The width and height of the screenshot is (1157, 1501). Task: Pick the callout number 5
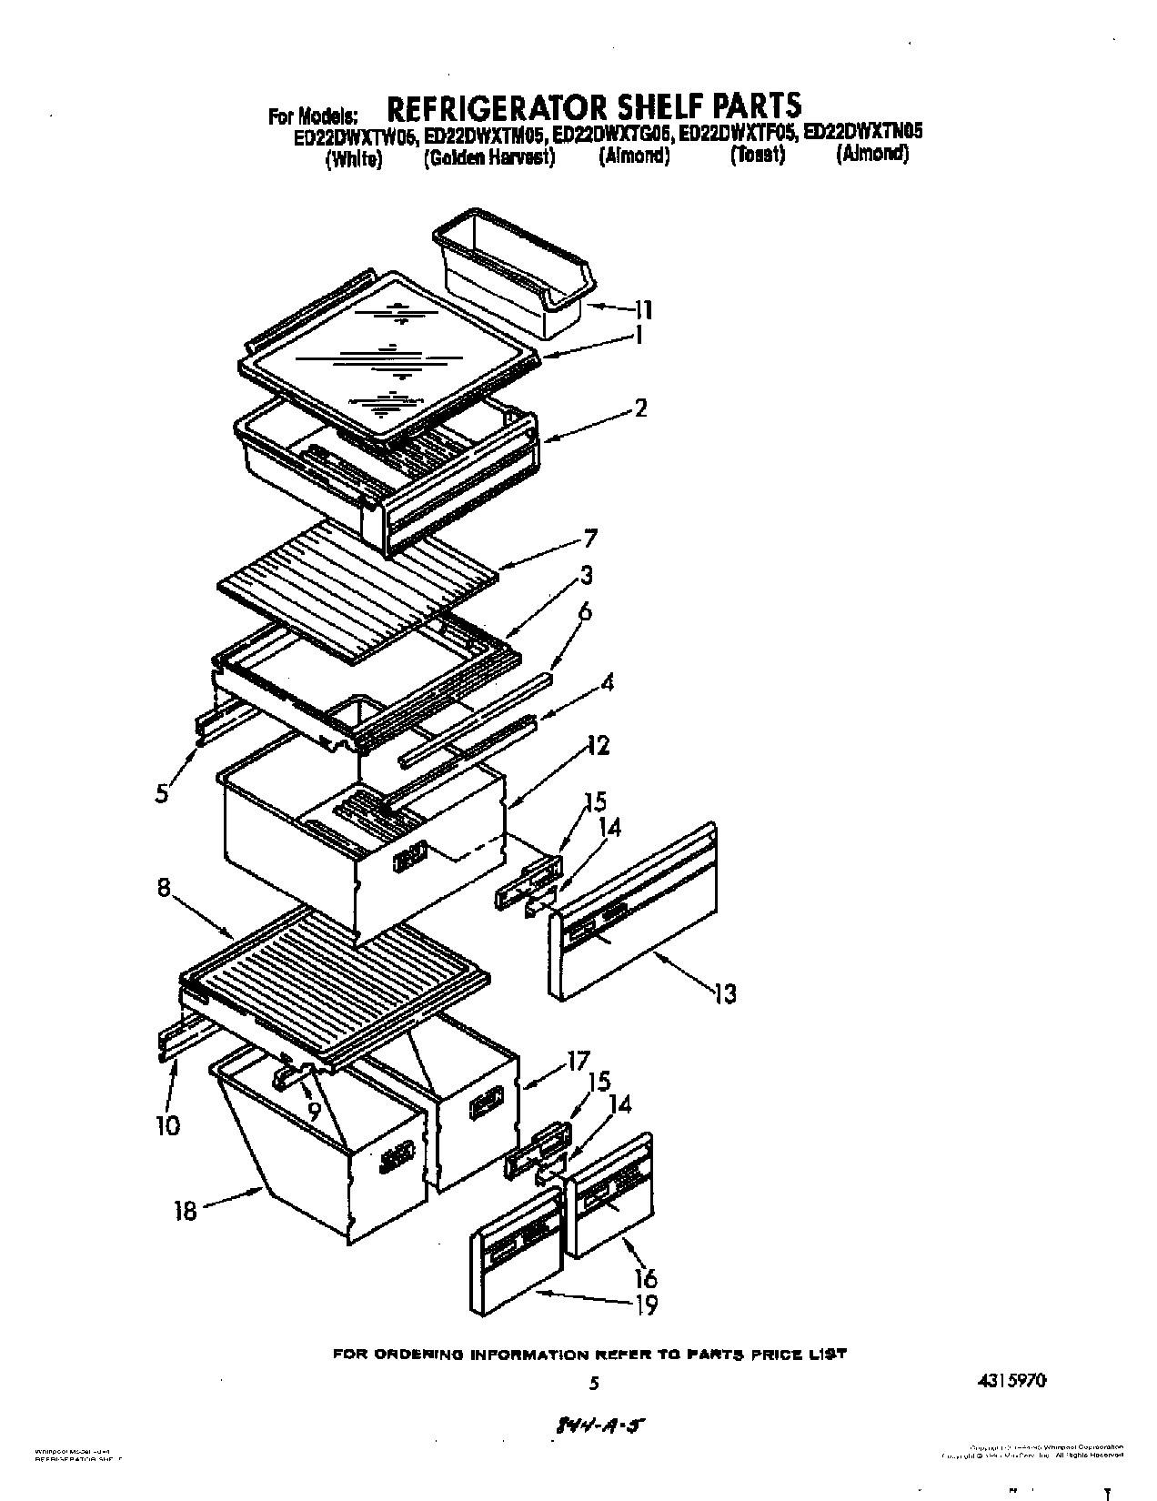(x=162, y=793)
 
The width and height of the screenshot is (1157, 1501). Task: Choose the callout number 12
(x=598, y=746)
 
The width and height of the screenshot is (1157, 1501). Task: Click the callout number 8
(x=164, y=887)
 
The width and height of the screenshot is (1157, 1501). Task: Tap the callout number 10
(x=167, y=1125)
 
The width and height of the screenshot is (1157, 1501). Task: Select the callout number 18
(x=185, y=1211)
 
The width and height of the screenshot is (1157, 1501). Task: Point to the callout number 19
(x=645, y=1305)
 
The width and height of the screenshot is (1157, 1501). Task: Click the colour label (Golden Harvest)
(x=489, y=156)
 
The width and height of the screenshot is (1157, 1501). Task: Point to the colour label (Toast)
(x=757, y=156)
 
